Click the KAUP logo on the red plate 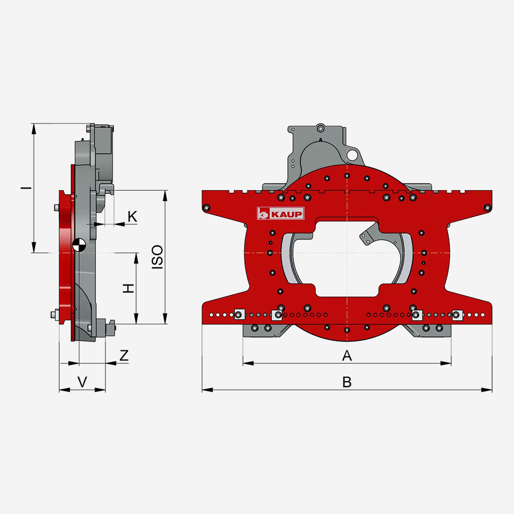pos(281,213)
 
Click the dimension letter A pos(347,355)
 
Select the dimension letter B pos(347,382)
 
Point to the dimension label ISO pos(158,257)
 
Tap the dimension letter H pos(128,288)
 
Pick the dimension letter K pos(132,216)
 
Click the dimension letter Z pos(124,355)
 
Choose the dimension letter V pos(82,382)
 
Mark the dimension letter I pos(26,188)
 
